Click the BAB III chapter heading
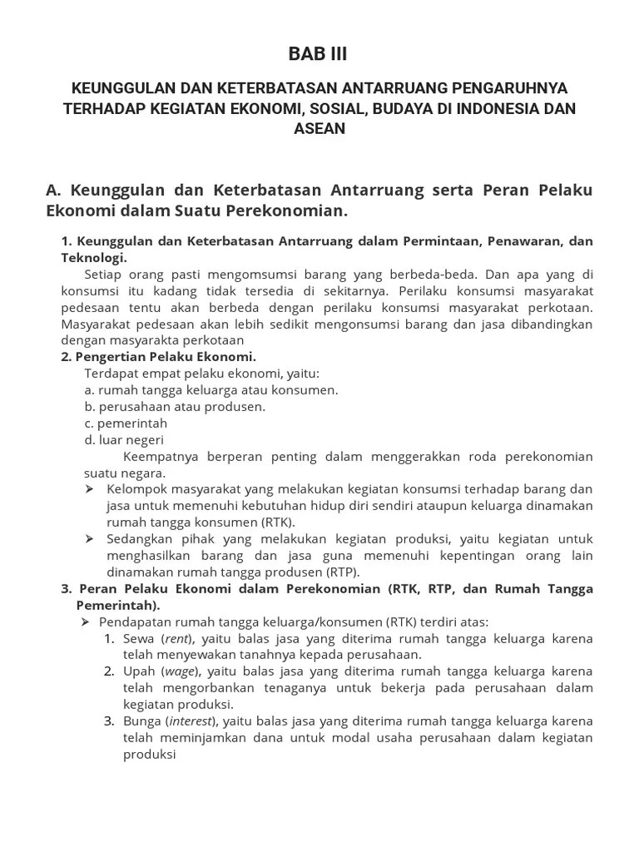(x=319, y=54)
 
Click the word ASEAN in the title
(x=319, y=129)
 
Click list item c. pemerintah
(x=126, y=423)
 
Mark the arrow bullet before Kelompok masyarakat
(x=89, y=489)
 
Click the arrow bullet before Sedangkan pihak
(x=89, y=539)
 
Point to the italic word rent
(x=177, y=638)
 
